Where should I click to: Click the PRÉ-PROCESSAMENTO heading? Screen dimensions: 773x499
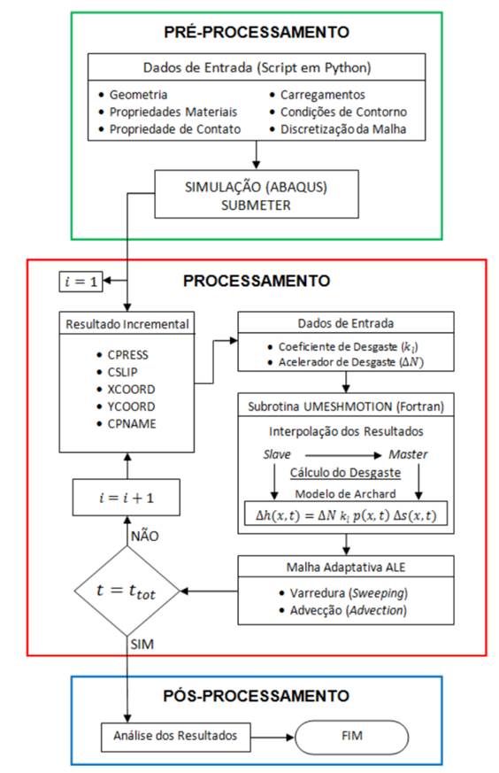tap(257, 32)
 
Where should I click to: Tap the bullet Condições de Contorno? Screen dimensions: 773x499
tap(343, 112)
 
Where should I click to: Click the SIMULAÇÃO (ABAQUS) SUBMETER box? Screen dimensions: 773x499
tap(256, 194)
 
